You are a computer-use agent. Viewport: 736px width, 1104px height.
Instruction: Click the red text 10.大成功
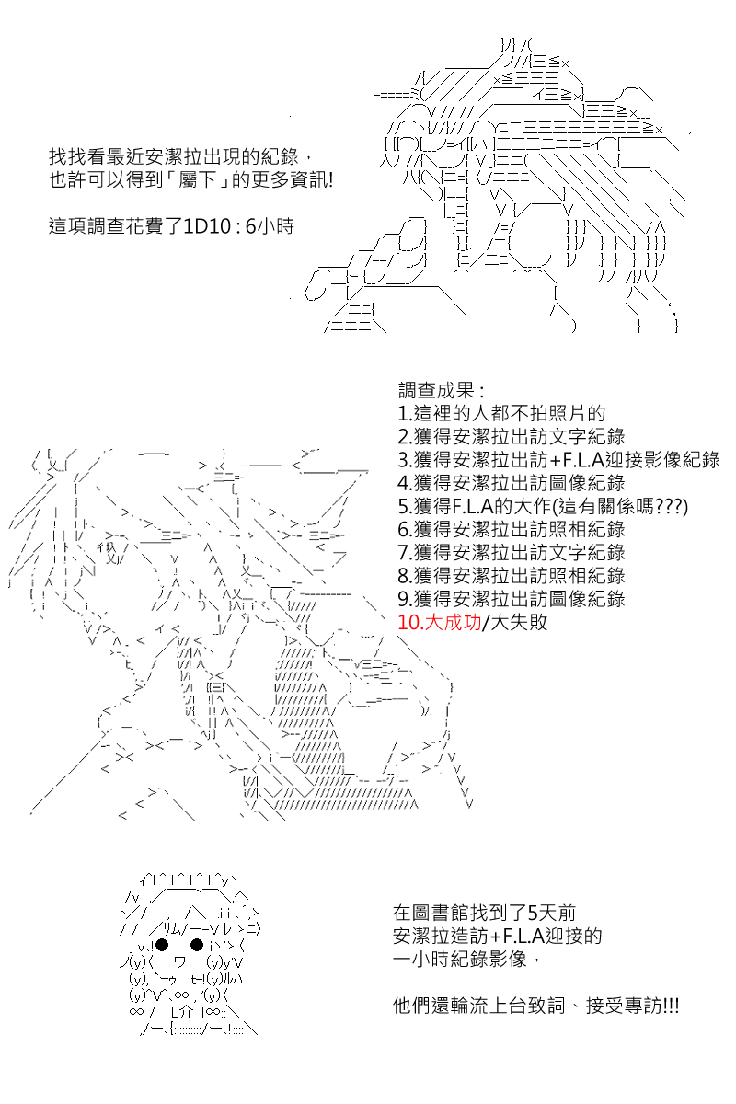[439, 623]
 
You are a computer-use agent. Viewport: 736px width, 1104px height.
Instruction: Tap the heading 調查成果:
[442, 391]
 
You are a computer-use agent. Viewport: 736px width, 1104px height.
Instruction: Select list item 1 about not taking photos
[501, 413]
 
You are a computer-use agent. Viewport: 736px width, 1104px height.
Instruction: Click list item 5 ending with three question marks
[543, 506]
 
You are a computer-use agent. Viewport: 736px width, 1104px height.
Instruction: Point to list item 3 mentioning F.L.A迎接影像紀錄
[559, 460]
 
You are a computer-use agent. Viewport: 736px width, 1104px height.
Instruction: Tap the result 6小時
[270, 226]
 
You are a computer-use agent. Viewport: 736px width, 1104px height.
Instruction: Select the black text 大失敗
[519, 623]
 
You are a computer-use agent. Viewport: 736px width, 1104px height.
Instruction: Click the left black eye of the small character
[162, 945]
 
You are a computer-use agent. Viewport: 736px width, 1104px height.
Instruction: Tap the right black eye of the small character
[197, 945]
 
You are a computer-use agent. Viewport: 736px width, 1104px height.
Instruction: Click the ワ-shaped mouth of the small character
[180, 961]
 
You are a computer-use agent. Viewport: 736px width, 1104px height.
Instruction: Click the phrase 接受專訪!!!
[632, 1006]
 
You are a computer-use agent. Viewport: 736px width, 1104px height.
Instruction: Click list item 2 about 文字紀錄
[512, 437]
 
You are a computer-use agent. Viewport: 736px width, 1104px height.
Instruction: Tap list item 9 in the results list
[512, 599]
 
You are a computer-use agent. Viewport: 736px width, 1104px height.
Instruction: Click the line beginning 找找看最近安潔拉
[180, 157]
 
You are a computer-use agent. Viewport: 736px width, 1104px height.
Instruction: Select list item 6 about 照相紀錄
[512, 529]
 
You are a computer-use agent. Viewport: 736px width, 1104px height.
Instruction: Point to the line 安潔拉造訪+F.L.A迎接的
[498, 936]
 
